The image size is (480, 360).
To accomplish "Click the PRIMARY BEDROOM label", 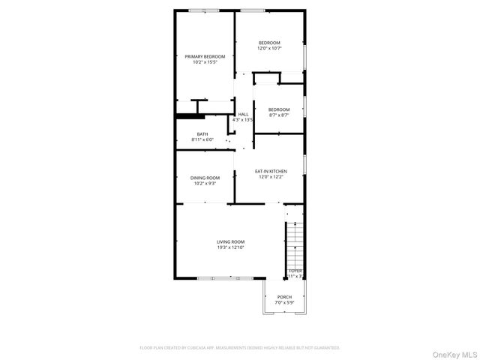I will click(205, 56).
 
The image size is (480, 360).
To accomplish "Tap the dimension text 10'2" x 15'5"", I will click(205, 62).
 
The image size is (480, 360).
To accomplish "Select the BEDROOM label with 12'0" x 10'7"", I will click(270, 42).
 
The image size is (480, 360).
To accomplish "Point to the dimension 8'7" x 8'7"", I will click(279, 115).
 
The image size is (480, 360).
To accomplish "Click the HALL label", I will click(243, 114).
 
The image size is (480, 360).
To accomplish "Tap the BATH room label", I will click(202, 134).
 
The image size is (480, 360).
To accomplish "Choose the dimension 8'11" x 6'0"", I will click(202, 139).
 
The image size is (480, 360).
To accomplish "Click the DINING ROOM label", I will click(205, 178).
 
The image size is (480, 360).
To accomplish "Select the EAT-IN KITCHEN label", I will click(271, 171).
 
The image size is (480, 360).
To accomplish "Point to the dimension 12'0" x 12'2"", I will click(271, 177).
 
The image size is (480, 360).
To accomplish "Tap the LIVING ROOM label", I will click(230, 241).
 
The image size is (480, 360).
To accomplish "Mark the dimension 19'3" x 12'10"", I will click(230, 247).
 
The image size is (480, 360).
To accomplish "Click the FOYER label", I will click(295, 270).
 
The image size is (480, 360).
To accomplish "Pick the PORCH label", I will click(284, 297).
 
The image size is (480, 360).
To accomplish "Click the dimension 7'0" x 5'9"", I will click(284, 303).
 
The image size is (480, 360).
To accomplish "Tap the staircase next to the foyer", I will click(295, 244).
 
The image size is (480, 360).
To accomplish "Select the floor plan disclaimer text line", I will click(239, 348).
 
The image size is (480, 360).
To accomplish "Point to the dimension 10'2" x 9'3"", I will click(205, 183).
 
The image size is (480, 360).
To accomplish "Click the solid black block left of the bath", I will click(185, 115).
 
